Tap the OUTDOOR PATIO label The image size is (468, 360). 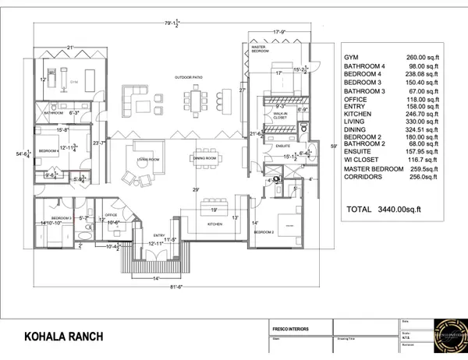click(190, 76)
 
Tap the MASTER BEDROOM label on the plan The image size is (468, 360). click(261, 50)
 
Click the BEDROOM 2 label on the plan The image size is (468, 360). click(262, 232)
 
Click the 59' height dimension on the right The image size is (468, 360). click(333, 145)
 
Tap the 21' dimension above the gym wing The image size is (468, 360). click(70, 48)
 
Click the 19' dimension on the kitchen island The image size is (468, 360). click(212, 210)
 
